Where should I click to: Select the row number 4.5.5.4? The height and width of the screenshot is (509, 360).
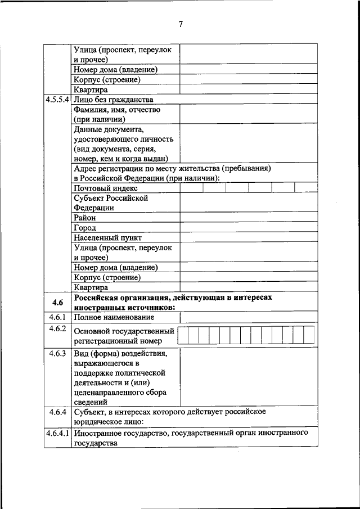58,100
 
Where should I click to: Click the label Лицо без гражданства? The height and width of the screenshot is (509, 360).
113,100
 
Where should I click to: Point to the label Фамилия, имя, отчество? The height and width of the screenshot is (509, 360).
117,110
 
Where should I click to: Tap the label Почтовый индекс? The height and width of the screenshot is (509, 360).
105,188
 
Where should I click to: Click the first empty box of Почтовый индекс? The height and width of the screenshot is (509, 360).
191,188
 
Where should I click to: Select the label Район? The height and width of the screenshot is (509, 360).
84,218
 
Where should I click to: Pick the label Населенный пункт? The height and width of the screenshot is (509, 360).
107,238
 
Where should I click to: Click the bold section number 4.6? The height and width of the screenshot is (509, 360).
58,303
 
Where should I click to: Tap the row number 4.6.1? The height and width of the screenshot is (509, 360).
58,318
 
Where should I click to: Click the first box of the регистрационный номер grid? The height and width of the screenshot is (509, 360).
183,335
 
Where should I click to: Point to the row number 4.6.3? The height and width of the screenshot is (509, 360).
58,354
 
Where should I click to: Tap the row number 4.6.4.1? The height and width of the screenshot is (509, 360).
58,434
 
